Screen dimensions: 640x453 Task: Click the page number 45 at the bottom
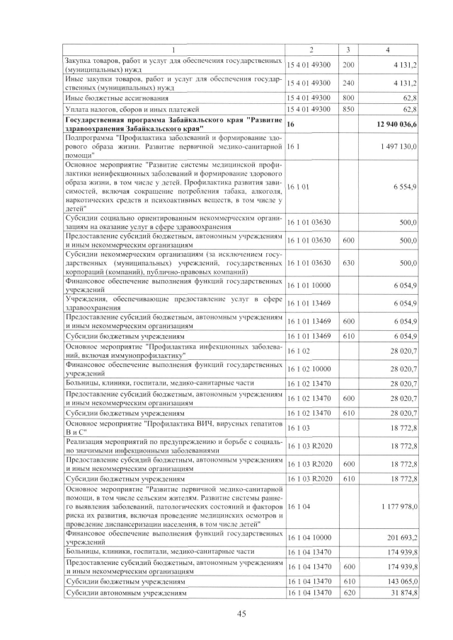point(241,614)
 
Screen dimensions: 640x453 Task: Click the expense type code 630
point(348,263)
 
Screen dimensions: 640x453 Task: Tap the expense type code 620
point(348,594)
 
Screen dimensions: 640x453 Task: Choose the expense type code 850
point(348,110)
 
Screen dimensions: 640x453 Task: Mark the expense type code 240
point(348,83)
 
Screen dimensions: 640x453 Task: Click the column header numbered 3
point(348,49)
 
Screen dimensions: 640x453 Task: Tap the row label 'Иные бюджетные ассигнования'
point(117,98)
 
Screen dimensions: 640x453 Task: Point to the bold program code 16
point(291,123)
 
